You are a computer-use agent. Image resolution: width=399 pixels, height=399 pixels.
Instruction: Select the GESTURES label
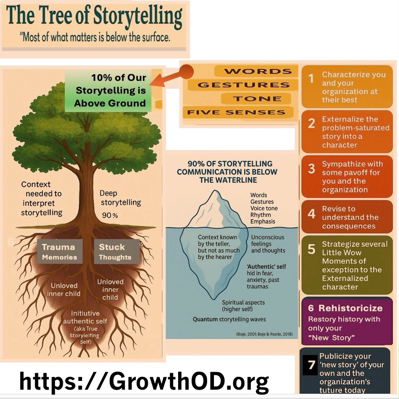243,85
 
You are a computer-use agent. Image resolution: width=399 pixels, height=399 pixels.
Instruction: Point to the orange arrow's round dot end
187,72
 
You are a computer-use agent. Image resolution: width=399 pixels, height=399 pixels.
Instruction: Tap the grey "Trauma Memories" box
59,252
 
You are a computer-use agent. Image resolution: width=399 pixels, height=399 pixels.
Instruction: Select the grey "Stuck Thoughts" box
115,252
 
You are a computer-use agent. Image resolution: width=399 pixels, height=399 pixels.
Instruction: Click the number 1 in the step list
311,78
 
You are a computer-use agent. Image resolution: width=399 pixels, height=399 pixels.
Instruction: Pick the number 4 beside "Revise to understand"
311,214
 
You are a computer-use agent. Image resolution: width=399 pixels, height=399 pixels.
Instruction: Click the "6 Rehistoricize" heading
345,308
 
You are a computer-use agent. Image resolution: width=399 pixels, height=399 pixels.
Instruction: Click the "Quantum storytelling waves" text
229,319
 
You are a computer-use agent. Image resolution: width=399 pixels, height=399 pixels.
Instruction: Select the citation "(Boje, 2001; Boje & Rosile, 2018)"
264,334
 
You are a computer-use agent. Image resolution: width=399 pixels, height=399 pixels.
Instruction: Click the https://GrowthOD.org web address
144,381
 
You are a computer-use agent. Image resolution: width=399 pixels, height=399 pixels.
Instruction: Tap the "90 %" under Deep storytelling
110,215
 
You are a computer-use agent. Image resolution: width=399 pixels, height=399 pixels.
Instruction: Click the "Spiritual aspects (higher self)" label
243,306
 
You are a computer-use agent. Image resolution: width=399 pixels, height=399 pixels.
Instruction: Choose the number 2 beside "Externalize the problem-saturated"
311,124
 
